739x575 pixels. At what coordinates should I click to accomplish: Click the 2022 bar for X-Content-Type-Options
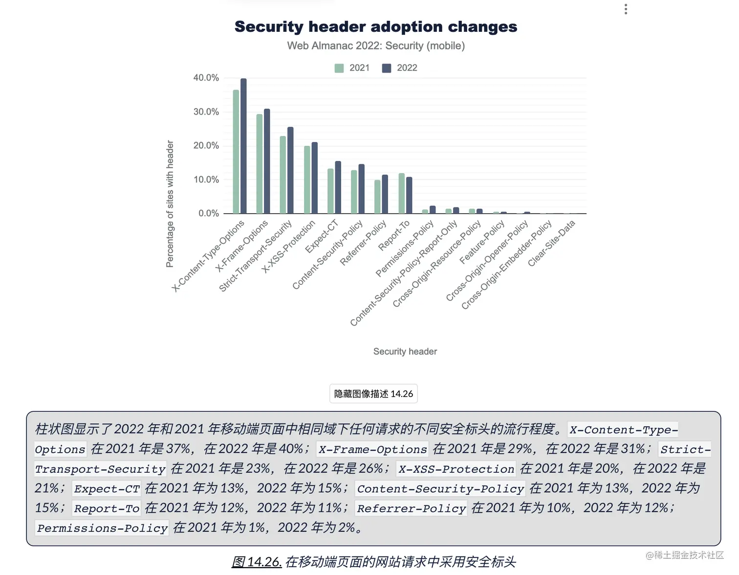click(x=243, y=147)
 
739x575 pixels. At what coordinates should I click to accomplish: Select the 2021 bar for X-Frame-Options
click(x=260, y=164)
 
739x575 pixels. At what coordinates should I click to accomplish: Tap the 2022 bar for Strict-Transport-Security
click(x=290, y=171)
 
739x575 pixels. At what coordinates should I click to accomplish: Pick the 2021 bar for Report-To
click(x=401, y=194)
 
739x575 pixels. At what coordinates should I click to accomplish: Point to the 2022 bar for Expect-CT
click(x=338, y=188)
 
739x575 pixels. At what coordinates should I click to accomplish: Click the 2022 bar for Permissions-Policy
click(x=432, y=210)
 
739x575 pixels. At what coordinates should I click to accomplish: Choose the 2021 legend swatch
click(x=339, y=68)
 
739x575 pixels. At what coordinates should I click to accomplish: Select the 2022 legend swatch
click(x=387, y=68)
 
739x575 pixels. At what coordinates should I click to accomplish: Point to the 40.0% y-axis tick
click(x=206, y=78)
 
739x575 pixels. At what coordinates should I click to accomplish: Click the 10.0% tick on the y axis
click(x=206, y=180)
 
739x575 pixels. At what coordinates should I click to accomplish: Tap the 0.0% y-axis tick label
click(x=208, y=213)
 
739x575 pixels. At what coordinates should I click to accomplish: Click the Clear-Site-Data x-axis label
click(x=552, y=243)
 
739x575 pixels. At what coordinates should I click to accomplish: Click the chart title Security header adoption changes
click(x=375, y=26)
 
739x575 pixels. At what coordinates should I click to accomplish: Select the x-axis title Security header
click(x=405, y=351)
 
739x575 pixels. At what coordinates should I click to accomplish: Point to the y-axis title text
click(x=170, y=204)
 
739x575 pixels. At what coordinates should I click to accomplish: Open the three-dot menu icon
click(x=626, y=9)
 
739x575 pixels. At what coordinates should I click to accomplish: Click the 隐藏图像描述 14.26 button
click(x=373, y=394)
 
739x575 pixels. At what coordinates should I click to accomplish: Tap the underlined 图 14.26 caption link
click(x=257, y=562)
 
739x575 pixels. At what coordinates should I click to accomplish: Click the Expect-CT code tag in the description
click(x=107, y=489)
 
